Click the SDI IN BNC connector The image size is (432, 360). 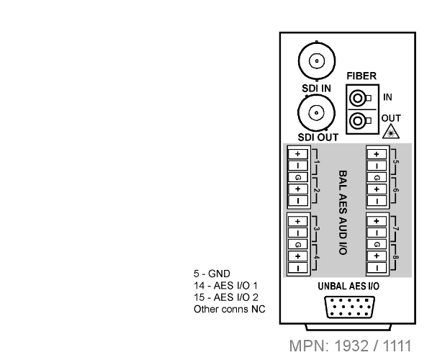point(317,61)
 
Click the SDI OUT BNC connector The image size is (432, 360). point(316,112)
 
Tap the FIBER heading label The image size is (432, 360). point(361,76)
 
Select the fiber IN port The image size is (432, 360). point(358,98)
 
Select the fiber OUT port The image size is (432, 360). point(358,121)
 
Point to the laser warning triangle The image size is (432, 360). point(391,132)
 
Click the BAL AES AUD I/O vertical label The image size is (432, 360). point(343,212)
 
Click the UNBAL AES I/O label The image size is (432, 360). point(348,287)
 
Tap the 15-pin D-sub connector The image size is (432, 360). point(350,307)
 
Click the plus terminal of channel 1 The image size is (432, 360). point(297,153)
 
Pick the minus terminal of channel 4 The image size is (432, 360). point(297,268)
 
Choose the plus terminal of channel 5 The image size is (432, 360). point(377,154)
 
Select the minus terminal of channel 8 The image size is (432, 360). point(377,267)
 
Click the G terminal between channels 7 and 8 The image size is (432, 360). point(377,244)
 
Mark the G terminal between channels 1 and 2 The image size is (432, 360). point(297,177)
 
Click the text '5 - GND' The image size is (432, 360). point(212,274)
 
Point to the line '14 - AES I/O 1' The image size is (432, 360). point(225,286)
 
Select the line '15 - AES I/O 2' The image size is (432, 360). point(226,297)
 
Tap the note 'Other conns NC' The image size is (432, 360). point(230,310)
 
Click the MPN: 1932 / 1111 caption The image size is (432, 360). point(351,346)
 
